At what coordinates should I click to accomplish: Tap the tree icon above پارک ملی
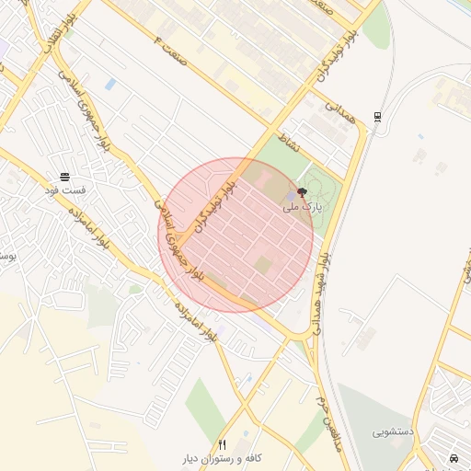pos(304,191)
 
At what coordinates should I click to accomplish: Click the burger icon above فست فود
pos(64,176)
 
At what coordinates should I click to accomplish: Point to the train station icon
pos(379,117)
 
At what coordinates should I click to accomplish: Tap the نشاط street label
pos(289,142)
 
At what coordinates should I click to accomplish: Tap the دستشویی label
pos(393,431)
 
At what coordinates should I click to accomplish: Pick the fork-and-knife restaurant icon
pos(222,444)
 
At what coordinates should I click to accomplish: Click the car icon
pos(454,457)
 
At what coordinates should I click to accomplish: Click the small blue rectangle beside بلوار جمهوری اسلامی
pos(110,84)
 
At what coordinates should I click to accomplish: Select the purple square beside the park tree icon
pos(291,196)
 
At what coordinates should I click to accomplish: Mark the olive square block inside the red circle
pos(264,266)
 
